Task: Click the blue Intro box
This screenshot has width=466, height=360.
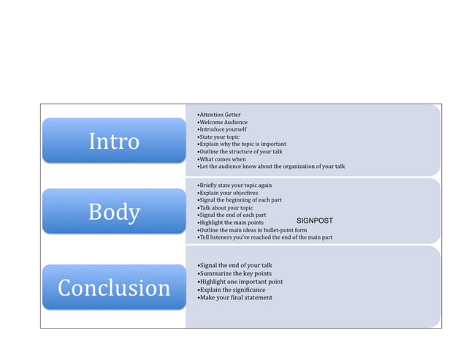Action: tap(114, 140)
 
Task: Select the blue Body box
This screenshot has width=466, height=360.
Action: tap(114, 212)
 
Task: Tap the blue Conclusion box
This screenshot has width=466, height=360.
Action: tap(114, 287)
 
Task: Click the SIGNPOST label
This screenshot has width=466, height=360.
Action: tap(314, 220)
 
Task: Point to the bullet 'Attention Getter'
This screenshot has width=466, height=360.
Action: tap(219, 115)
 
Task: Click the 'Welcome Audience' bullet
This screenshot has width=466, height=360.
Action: tap(223, 123)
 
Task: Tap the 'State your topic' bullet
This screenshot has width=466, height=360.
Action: tap(218, 137)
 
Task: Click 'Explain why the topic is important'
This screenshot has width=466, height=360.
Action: tap(242, 144)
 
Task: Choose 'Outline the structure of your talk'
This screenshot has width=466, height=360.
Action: tap(240, 151)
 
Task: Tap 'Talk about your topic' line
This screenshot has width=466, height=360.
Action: tap(226, 207)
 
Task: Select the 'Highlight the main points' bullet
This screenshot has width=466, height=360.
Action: tap(231, 222)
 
